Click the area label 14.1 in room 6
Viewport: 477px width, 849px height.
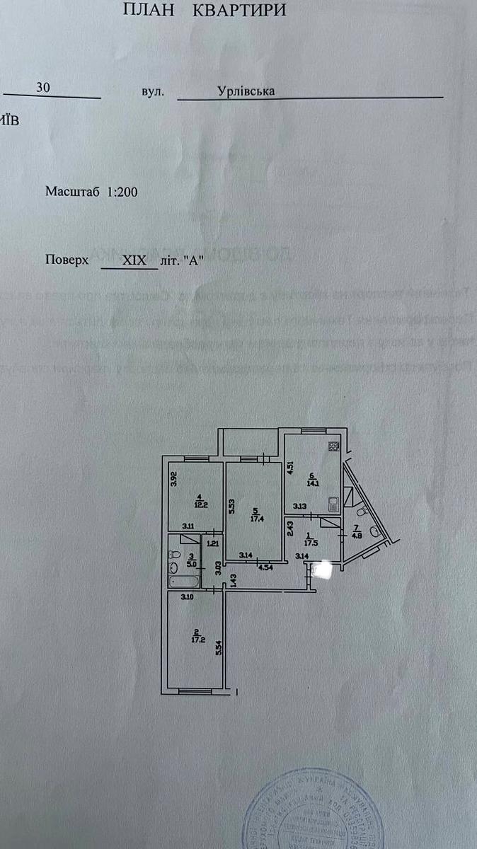[x=311, y=485]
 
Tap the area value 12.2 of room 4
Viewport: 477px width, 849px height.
[x=202, y=504]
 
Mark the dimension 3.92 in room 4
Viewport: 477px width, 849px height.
[x=173, y=479]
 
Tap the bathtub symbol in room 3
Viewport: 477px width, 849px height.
[x=183, y=582]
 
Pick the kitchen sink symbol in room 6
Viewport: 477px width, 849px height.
[x=333, y=504]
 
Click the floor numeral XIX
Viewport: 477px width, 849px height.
[x=134, y=260]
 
